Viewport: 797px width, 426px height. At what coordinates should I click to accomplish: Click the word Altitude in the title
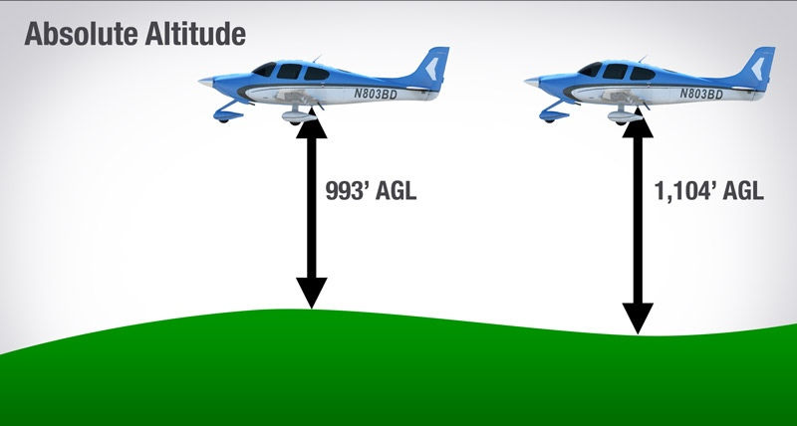[195, 35]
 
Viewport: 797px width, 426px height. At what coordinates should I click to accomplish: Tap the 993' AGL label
[371, 191]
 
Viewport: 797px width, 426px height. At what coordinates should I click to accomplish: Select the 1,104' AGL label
[708, 191]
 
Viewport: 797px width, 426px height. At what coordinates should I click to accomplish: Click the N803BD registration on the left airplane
[376, 94]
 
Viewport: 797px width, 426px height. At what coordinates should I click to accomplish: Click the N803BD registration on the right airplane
[701, 94]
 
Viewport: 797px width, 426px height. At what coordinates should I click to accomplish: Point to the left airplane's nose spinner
[206, 82]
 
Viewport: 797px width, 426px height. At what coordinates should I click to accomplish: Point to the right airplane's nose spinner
[532, 82]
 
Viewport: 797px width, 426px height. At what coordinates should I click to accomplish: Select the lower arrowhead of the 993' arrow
[312, 293]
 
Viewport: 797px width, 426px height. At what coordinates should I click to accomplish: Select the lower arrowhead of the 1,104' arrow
[638, 319]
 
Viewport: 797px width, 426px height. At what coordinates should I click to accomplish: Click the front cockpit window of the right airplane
[590, 70]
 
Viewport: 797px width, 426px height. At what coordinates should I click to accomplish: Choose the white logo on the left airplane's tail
[431, 69]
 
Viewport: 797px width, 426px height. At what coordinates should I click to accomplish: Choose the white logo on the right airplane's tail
[757, 69]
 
